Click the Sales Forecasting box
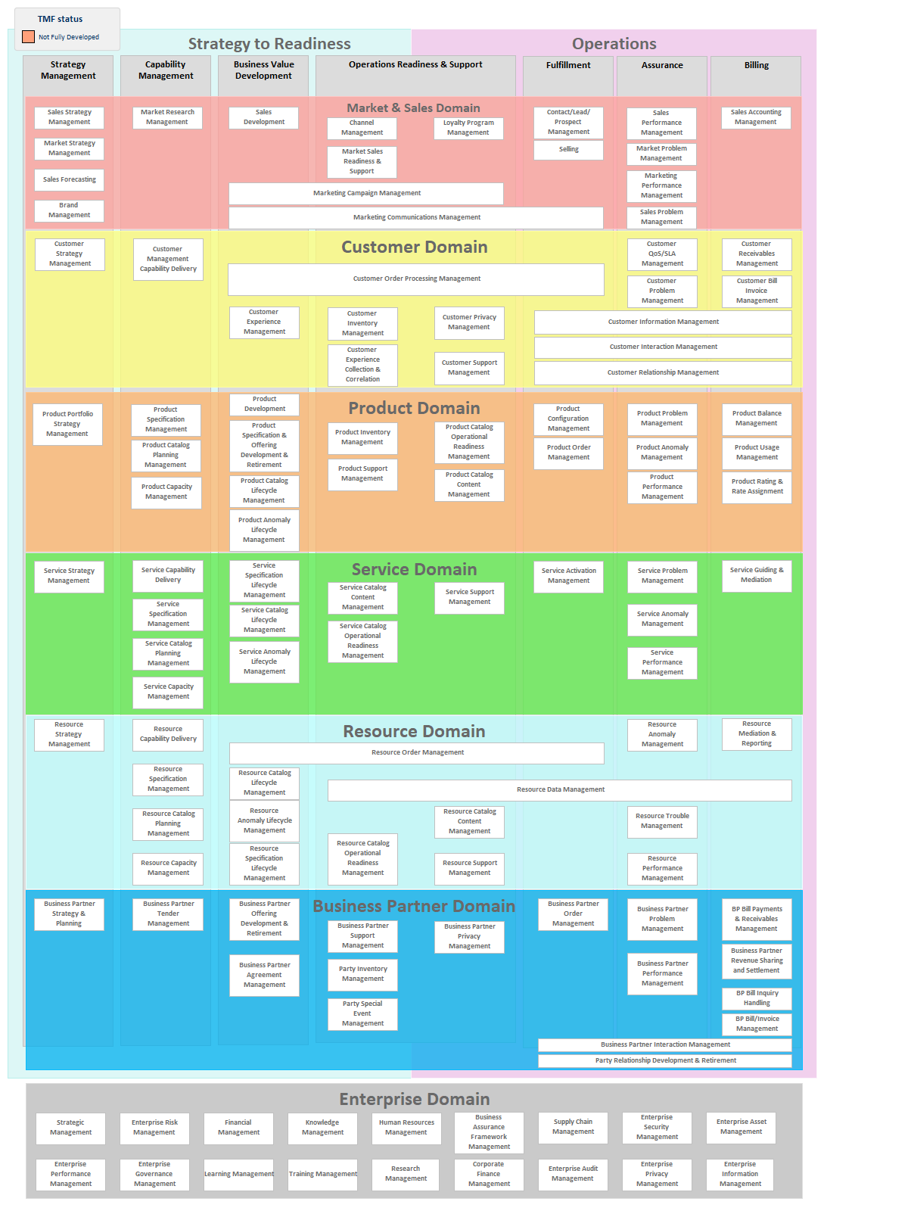(x=69, y=179)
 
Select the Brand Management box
(x=69, y=210)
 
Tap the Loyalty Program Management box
(x=468, y=128)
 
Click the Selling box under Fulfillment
(x=568, y=149)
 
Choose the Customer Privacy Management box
(x=469, y=322)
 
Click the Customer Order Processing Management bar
(x=416, y=279)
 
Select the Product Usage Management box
(x=757, y=453)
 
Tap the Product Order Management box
(x=568, y=453)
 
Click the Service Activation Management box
(x=568, y=576)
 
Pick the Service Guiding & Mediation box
(x=757, y=576)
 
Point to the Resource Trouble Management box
(x=662, y=821)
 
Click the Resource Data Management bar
(x=559, y=790)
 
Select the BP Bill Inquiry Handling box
(x=757, y=998)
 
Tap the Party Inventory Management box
(x=362, y=975)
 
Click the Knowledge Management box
(x=322, y=1128)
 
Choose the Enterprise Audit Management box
(x=573, y=1174)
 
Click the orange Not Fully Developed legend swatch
(x=28, y=37)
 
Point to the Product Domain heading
(x=414, y=408)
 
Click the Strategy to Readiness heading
(x=269, y=44)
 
